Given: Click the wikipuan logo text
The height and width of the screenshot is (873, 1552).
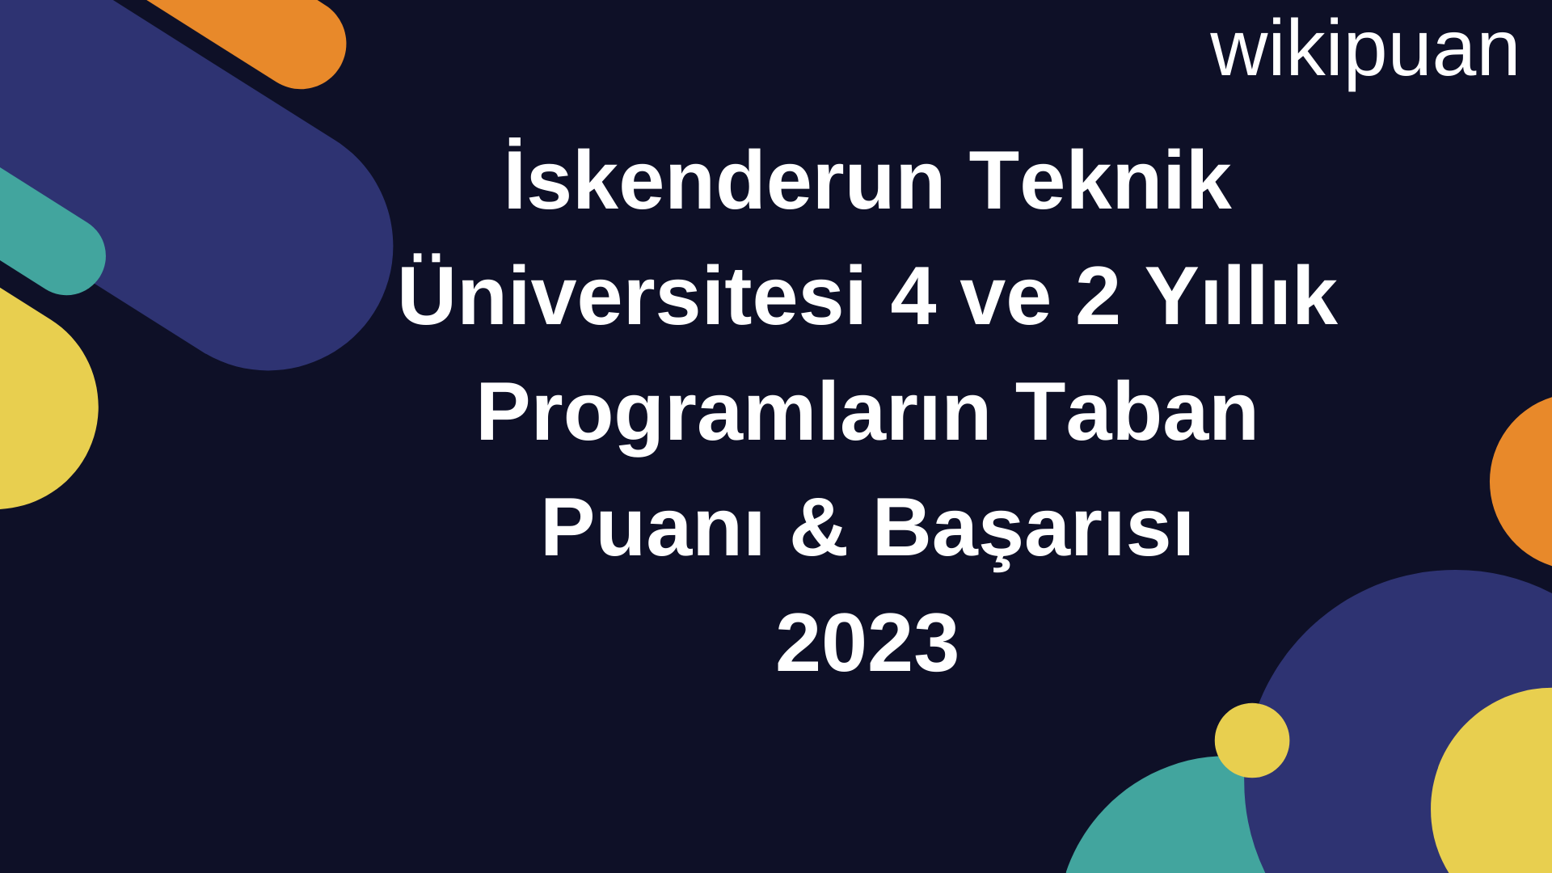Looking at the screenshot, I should [1364, 51].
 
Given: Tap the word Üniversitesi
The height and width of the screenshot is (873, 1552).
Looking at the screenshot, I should [631, 296].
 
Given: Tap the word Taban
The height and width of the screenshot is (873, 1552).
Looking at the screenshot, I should [1136, 412].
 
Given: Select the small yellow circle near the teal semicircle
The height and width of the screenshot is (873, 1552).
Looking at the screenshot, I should [1251, 740].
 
